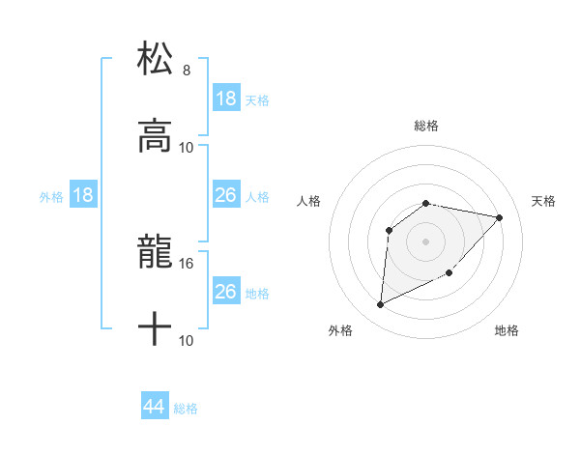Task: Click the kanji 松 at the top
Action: tap(156, 58)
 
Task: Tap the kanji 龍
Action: tap(156, 251)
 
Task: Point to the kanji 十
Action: tap(156, 328)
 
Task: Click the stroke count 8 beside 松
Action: tap(187, 71)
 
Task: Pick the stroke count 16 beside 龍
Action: tap(187, 263)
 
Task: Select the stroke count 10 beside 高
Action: tap(187, 147)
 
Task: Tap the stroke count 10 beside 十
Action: tap(187, 340)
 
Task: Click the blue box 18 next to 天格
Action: tap(225, 99)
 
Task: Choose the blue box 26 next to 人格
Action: tap(225, 195)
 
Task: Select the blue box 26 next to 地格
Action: tap(225, 292)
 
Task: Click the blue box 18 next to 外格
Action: tap(83, 195)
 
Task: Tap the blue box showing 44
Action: tap(155, 407)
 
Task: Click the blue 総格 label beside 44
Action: tap(186, 409)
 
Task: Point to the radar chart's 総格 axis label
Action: tap(426, 126)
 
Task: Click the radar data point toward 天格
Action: tap(500, 217)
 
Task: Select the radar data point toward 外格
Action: tap(380, 305)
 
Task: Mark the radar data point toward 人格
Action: tap(390, 230)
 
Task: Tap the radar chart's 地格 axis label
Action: tap(507, 330)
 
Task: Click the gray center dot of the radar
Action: tap(426, 241)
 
